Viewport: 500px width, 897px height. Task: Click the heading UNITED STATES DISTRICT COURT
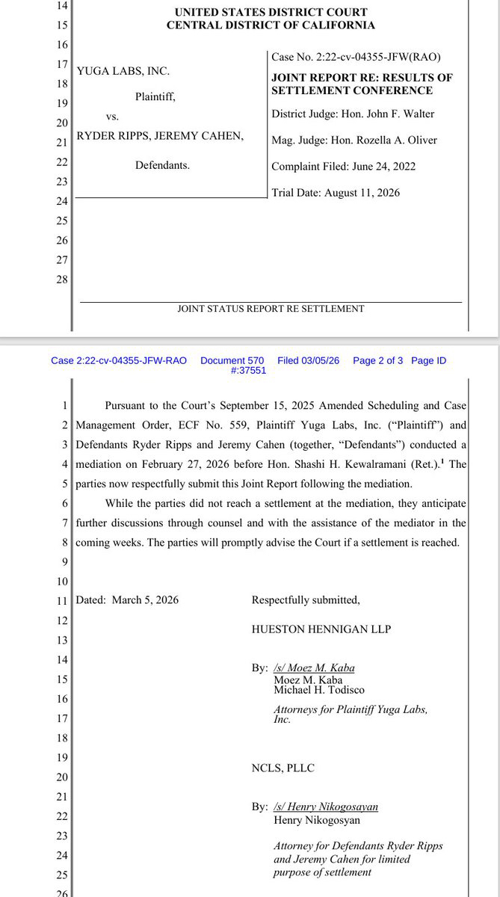[x=271, y=13]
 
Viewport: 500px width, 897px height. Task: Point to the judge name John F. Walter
[x=401, y=114]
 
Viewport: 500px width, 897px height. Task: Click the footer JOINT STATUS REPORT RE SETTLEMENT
[x=271, y=308]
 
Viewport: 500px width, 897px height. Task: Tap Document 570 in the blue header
[x=233, y=360]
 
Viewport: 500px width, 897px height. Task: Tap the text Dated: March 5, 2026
[x=128, y=599]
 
